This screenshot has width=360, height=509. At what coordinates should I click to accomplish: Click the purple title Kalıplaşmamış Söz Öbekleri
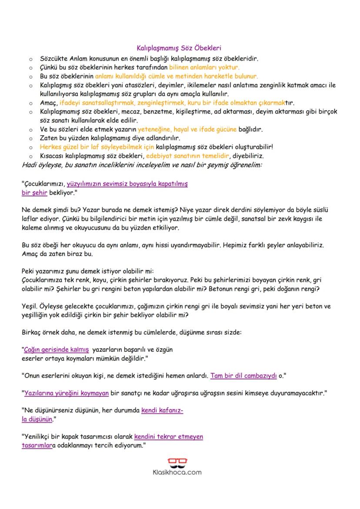pos(179,50)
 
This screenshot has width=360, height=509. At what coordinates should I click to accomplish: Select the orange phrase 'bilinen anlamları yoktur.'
pos(204,67)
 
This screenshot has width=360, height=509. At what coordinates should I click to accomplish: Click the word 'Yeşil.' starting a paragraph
pos(30,306)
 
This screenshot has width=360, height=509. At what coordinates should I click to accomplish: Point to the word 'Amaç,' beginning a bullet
pos(48,103)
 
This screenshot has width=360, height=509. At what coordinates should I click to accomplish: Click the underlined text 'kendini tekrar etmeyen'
pos(169,436)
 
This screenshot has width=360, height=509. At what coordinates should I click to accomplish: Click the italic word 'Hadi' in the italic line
pos(29,165)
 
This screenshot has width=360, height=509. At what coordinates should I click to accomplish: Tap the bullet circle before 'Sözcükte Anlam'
pos(30,59)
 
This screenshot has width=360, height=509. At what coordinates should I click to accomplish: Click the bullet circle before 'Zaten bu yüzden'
pos(30,138)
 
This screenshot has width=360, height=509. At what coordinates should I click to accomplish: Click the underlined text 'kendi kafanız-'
pos(162,410)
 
